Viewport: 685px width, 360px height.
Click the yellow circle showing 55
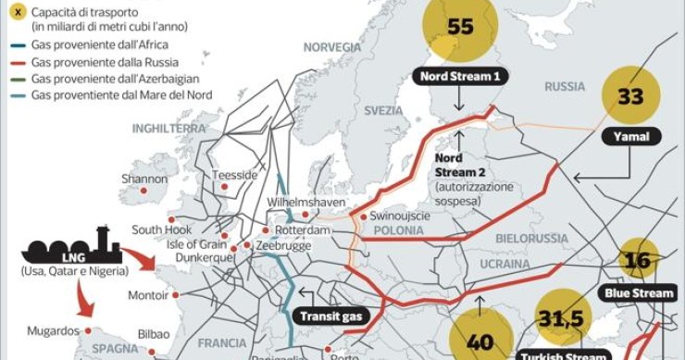click(x=459, y=28)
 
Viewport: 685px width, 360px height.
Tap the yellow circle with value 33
click(x=630, y=95)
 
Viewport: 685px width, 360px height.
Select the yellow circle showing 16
click(x=638, y=260)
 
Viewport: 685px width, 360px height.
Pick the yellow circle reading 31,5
click(x=565, y=318)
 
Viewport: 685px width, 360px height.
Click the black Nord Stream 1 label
click(x=459, y=77)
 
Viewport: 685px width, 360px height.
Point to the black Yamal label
click(x=630, y=137)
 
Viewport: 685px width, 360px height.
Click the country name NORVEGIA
click(x=332, y=47)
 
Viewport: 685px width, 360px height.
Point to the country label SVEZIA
click(x=383, y=110)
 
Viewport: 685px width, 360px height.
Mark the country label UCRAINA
click(x=505, y=264)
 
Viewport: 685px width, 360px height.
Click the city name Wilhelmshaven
click(x=306, y=202)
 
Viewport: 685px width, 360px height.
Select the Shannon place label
click(x=144, y=179)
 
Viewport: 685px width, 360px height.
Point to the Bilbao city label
click(x=154, y=333)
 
